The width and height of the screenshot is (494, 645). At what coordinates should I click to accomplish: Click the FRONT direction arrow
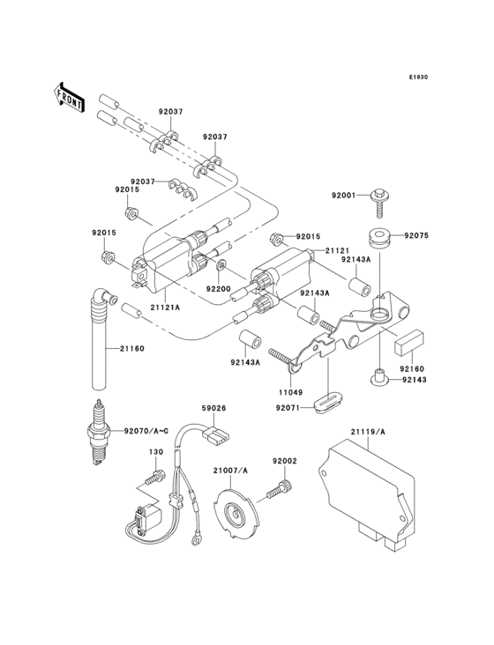click(69, 97)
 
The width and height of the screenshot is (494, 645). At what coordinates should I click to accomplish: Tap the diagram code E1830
click(419, 77)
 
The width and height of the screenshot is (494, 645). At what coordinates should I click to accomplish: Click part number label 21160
click(132, 349)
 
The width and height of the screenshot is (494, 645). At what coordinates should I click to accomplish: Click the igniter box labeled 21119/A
click(366, 496)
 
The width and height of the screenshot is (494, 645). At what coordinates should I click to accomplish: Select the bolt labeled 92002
click(279, 490)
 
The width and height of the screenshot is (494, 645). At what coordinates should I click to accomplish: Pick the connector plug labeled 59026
click(215, 434)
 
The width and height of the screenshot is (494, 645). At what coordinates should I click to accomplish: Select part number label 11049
click(290, 392)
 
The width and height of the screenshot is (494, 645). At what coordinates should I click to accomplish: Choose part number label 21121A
click(165, 308)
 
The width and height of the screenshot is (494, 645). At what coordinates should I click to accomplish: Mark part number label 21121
click(337, 250)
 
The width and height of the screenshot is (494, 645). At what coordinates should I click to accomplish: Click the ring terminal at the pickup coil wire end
click(197, 538)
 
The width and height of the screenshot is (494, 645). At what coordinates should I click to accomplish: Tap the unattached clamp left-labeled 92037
click(183, 188)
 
